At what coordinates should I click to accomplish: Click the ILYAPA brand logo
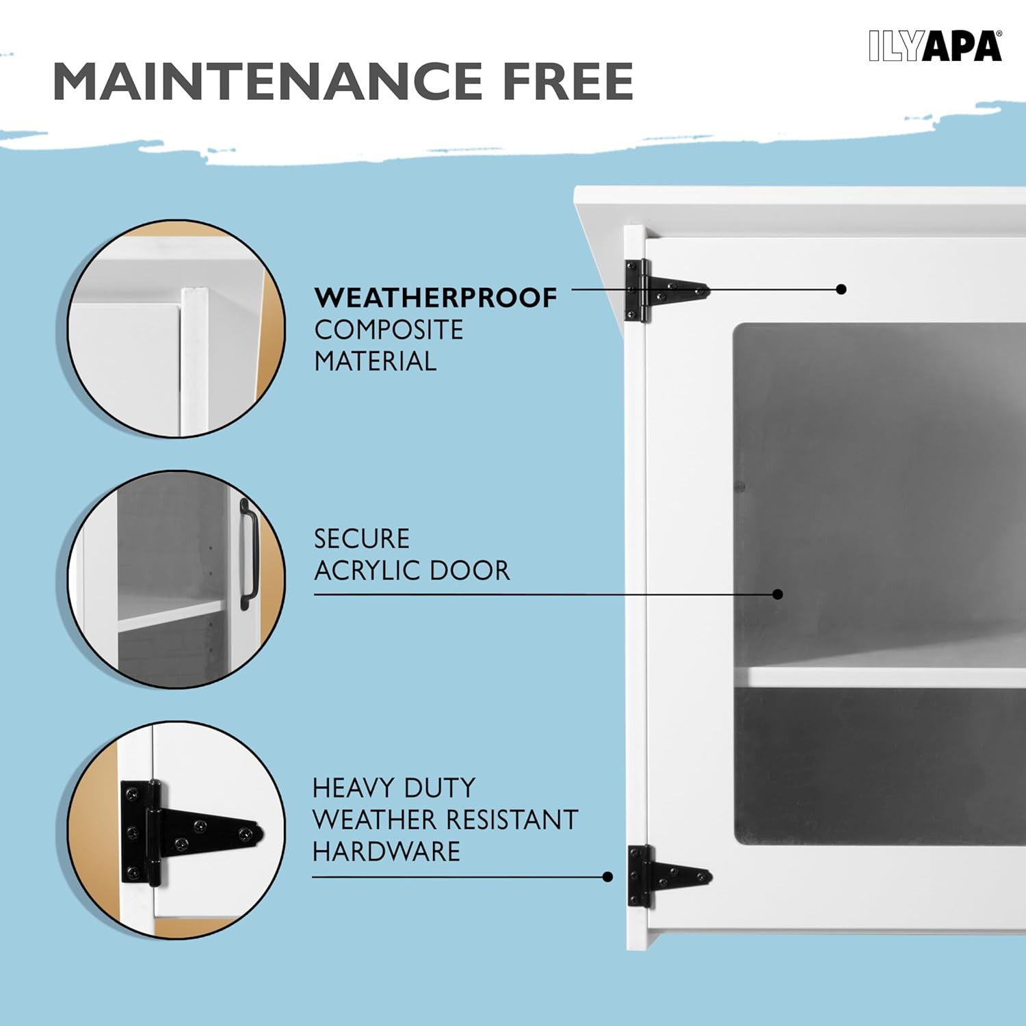tap(935, 46)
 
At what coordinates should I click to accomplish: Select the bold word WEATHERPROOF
tap(436, 298)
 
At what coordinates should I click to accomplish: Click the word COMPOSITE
tap(389, 330)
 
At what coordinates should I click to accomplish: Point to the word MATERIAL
tap(375, 361)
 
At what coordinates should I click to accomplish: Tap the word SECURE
tap(362, 539)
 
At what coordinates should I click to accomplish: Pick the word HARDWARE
tap(386, 852)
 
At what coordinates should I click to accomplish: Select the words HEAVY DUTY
tap(394, 788)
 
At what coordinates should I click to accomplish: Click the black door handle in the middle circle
tap(248, 554)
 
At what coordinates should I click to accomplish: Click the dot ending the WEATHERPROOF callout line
tap(841, 289)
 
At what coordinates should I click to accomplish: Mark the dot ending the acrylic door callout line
tap(777, 594)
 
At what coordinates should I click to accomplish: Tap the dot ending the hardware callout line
tap(607, 877)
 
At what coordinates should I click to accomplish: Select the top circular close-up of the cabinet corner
tap(176, 328)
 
